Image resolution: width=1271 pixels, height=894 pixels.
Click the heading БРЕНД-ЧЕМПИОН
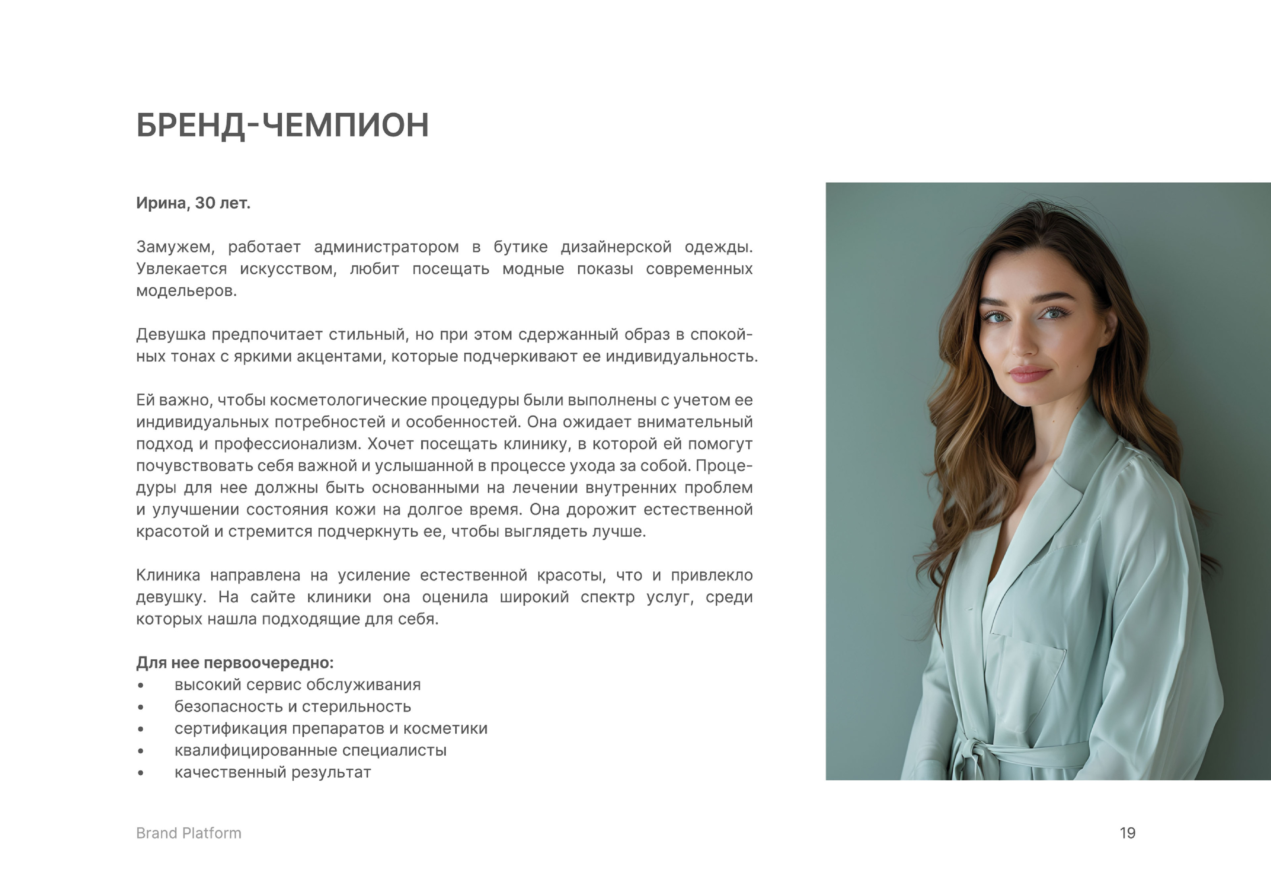[282, 125]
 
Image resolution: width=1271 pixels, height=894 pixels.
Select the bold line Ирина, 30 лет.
[193, 203]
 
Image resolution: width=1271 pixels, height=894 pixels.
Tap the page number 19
[1127, 833]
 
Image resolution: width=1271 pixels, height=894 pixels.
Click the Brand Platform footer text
[189, 833]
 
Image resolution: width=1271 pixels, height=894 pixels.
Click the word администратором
[386, 247]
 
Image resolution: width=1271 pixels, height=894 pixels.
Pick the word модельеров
[186, 291]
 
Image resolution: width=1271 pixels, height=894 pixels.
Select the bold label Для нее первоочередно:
[235, 662]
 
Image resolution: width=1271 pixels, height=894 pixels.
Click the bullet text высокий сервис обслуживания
[297, 685]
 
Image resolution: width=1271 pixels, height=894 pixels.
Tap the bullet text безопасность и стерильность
[292, 707]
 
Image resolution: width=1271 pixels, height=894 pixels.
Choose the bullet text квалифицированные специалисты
[310, 751]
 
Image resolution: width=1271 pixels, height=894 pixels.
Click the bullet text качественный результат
[272, 772]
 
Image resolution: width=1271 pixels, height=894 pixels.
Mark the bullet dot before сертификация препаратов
[141, 730]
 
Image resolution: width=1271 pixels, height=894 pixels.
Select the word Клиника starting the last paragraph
[168, 575]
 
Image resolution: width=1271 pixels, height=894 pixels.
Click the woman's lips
[1030, 374]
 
